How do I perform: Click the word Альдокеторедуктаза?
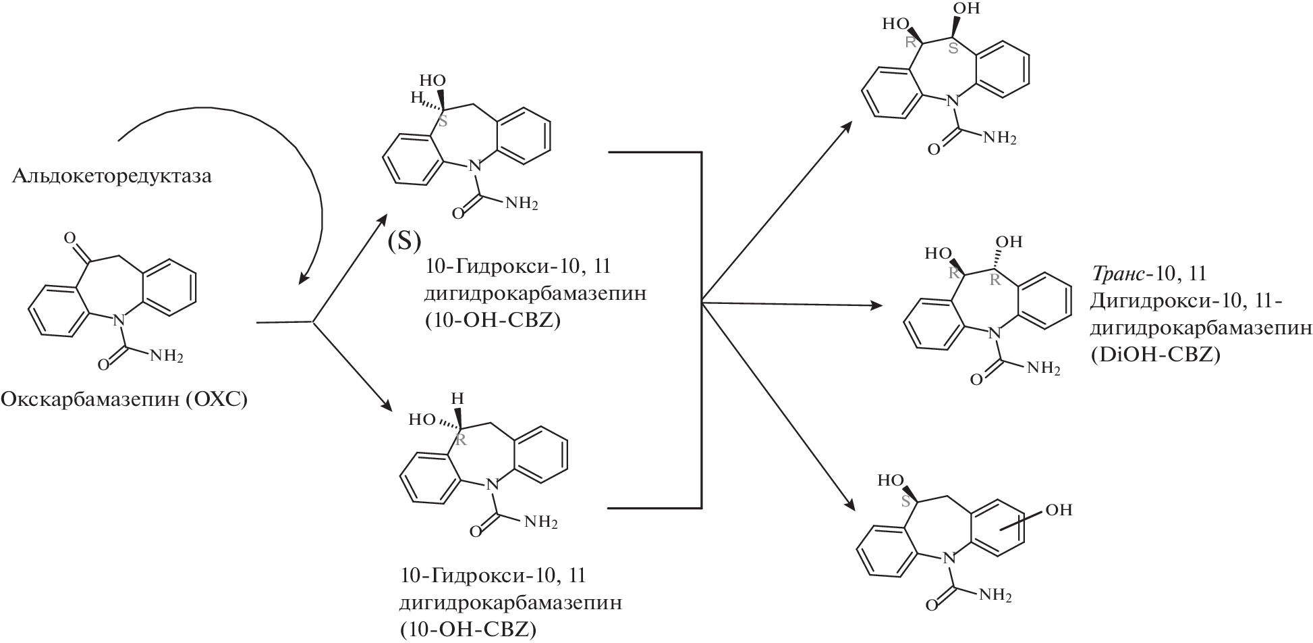112,177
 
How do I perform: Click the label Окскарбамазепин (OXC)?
124,401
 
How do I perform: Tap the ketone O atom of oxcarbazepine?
69,237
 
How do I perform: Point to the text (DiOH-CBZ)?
1155,355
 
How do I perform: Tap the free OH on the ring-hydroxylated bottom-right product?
1058,509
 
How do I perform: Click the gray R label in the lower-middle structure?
462,440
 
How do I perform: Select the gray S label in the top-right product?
953,48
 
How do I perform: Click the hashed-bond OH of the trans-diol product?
1009,242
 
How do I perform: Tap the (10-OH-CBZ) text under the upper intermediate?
494,321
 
